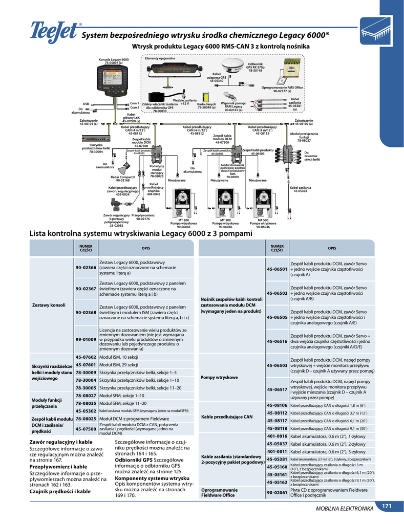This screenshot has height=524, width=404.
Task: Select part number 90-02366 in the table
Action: (86, 268)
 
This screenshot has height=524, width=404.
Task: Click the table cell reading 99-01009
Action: (86, 339)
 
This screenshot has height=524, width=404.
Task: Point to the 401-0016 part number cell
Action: (277, 436)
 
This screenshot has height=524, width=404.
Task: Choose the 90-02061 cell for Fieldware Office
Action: (277, 493)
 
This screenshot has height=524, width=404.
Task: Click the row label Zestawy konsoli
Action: (49, 305)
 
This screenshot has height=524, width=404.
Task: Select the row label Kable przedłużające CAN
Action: (227, 417)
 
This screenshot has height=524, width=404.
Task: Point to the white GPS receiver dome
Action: (239, 65)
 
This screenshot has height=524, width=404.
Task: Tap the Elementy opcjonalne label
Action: (160, 59)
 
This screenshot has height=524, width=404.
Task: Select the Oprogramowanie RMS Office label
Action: (282, 88)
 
